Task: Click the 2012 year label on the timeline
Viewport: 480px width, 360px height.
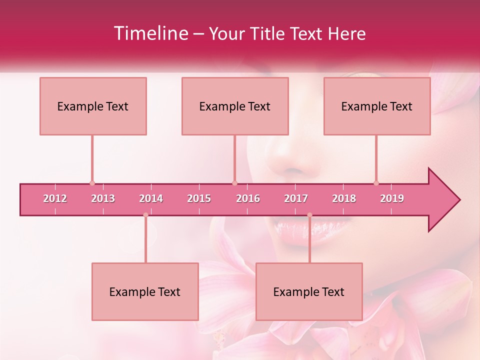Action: tap(55, 198)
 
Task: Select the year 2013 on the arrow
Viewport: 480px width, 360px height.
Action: tap(103, 198)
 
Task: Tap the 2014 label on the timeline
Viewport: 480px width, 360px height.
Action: tap(151, 198)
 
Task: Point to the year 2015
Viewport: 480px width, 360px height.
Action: tap(199, 198)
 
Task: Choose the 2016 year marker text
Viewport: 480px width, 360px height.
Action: tap(248, 198)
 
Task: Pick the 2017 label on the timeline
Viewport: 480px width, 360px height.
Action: tap(296, 198)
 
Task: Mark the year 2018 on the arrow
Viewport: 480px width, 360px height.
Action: tap(344, 198)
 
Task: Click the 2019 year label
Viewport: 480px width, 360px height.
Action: tap(392, 198)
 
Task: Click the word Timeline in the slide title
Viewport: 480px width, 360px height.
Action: tap(150, 33)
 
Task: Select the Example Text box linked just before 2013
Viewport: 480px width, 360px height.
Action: tap(93, 106)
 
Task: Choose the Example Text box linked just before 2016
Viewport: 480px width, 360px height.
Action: tap(235, 106)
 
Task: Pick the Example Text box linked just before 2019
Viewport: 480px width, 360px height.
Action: tap(377, 106)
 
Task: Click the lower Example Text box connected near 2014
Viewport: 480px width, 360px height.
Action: tap(145, 291)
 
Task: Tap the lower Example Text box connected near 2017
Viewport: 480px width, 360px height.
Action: tap(309, 291)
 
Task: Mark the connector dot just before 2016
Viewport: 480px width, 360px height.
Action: tap(234, 183)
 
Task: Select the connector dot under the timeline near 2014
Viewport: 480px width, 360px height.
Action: tap(145, 215)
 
